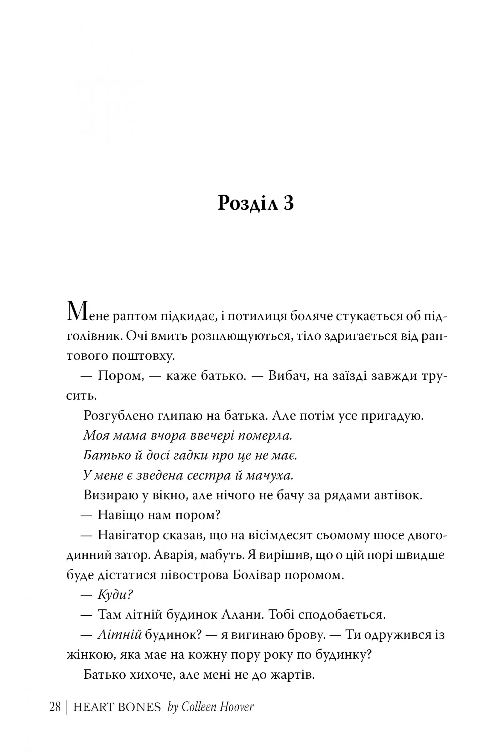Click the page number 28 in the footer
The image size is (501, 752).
tap(55, 707)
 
